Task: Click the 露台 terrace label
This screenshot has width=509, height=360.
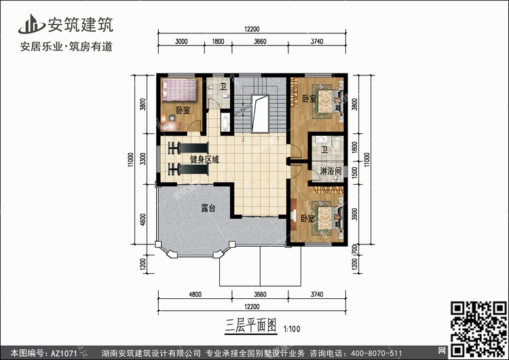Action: pos(208,208)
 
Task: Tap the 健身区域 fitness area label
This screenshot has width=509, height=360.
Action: pos(204,159)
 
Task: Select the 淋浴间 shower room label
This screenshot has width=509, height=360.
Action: pos(331,170)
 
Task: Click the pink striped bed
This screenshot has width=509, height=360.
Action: pos(180,90)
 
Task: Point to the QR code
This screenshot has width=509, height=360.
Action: pos(478,329)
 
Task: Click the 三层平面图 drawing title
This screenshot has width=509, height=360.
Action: pos(251,325)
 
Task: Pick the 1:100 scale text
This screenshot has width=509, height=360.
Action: pos(292,329)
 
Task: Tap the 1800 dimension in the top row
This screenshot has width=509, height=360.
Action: pos(218,41)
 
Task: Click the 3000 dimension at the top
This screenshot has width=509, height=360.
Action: pos(181,41)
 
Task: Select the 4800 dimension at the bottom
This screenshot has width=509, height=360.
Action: pos(195,294)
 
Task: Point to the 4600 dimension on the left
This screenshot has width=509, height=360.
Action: pos(143,219)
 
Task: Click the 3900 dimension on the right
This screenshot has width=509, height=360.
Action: pos(354,214)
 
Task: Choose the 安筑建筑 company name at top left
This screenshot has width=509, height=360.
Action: pos(81,24)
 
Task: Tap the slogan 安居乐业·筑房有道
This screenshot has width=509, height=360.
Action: pos(67,46)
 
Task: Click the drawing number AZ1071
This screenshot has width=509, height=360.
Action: pos(64,353)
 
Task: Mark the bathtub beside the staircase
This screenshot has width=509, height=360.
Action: pos(225,122)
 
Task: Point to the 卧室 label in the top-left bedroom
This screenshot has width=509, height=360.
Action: pos(183,111)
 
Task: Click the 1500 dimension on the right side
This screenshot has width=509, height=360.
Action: pos(354,173)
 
